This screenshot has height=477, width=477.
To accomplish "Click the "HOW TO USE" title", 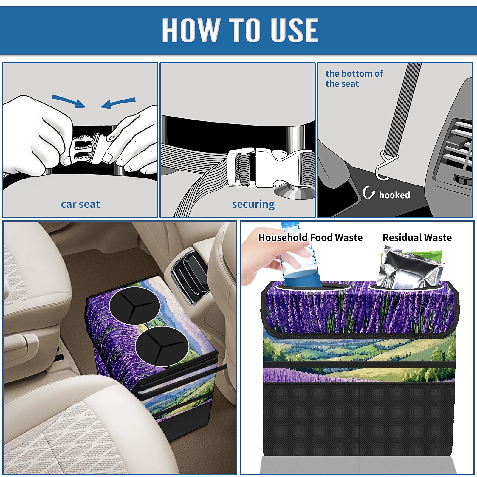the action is [240, 30].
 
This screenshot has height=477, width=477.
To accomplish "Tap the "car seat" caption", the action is [80, 204].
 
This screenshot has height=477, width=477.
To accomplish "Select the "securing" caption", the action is [253, 204].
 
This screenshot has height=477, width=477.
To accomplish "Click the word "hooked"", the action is [394, 195].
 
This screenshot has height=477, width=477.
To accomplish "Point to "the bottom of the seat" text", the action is [354, 79].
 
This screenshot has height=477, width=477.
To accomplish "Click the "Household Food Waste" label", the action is [310, 237].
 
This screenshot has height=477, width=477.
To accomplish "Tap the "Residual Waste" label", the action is [417, 237].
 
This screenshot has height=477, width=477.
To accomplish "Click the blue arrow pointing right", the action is [69, 101].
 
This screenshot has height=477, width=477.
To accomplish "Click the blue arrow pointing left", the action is [118, 103].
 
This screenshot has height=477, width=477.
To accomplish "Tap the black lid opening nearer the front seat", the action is [162, 346].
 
